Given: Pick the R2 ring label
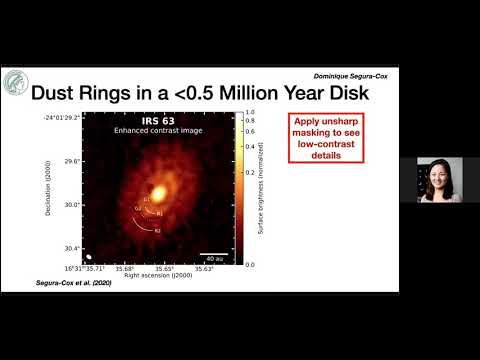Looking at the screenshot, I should [x=157, y=230].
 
